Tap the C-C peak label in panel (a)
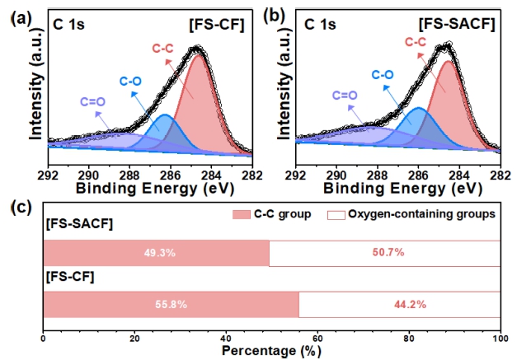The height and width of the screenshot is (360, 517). pyautogui.click(x=164, y=49)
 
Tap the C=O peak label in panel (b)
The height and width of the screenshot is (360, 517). pyautogui.click(x=345, y=95)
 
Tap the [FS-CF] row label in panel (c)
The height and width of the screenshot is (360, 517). pyautogui.click(x=68, y=278)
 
